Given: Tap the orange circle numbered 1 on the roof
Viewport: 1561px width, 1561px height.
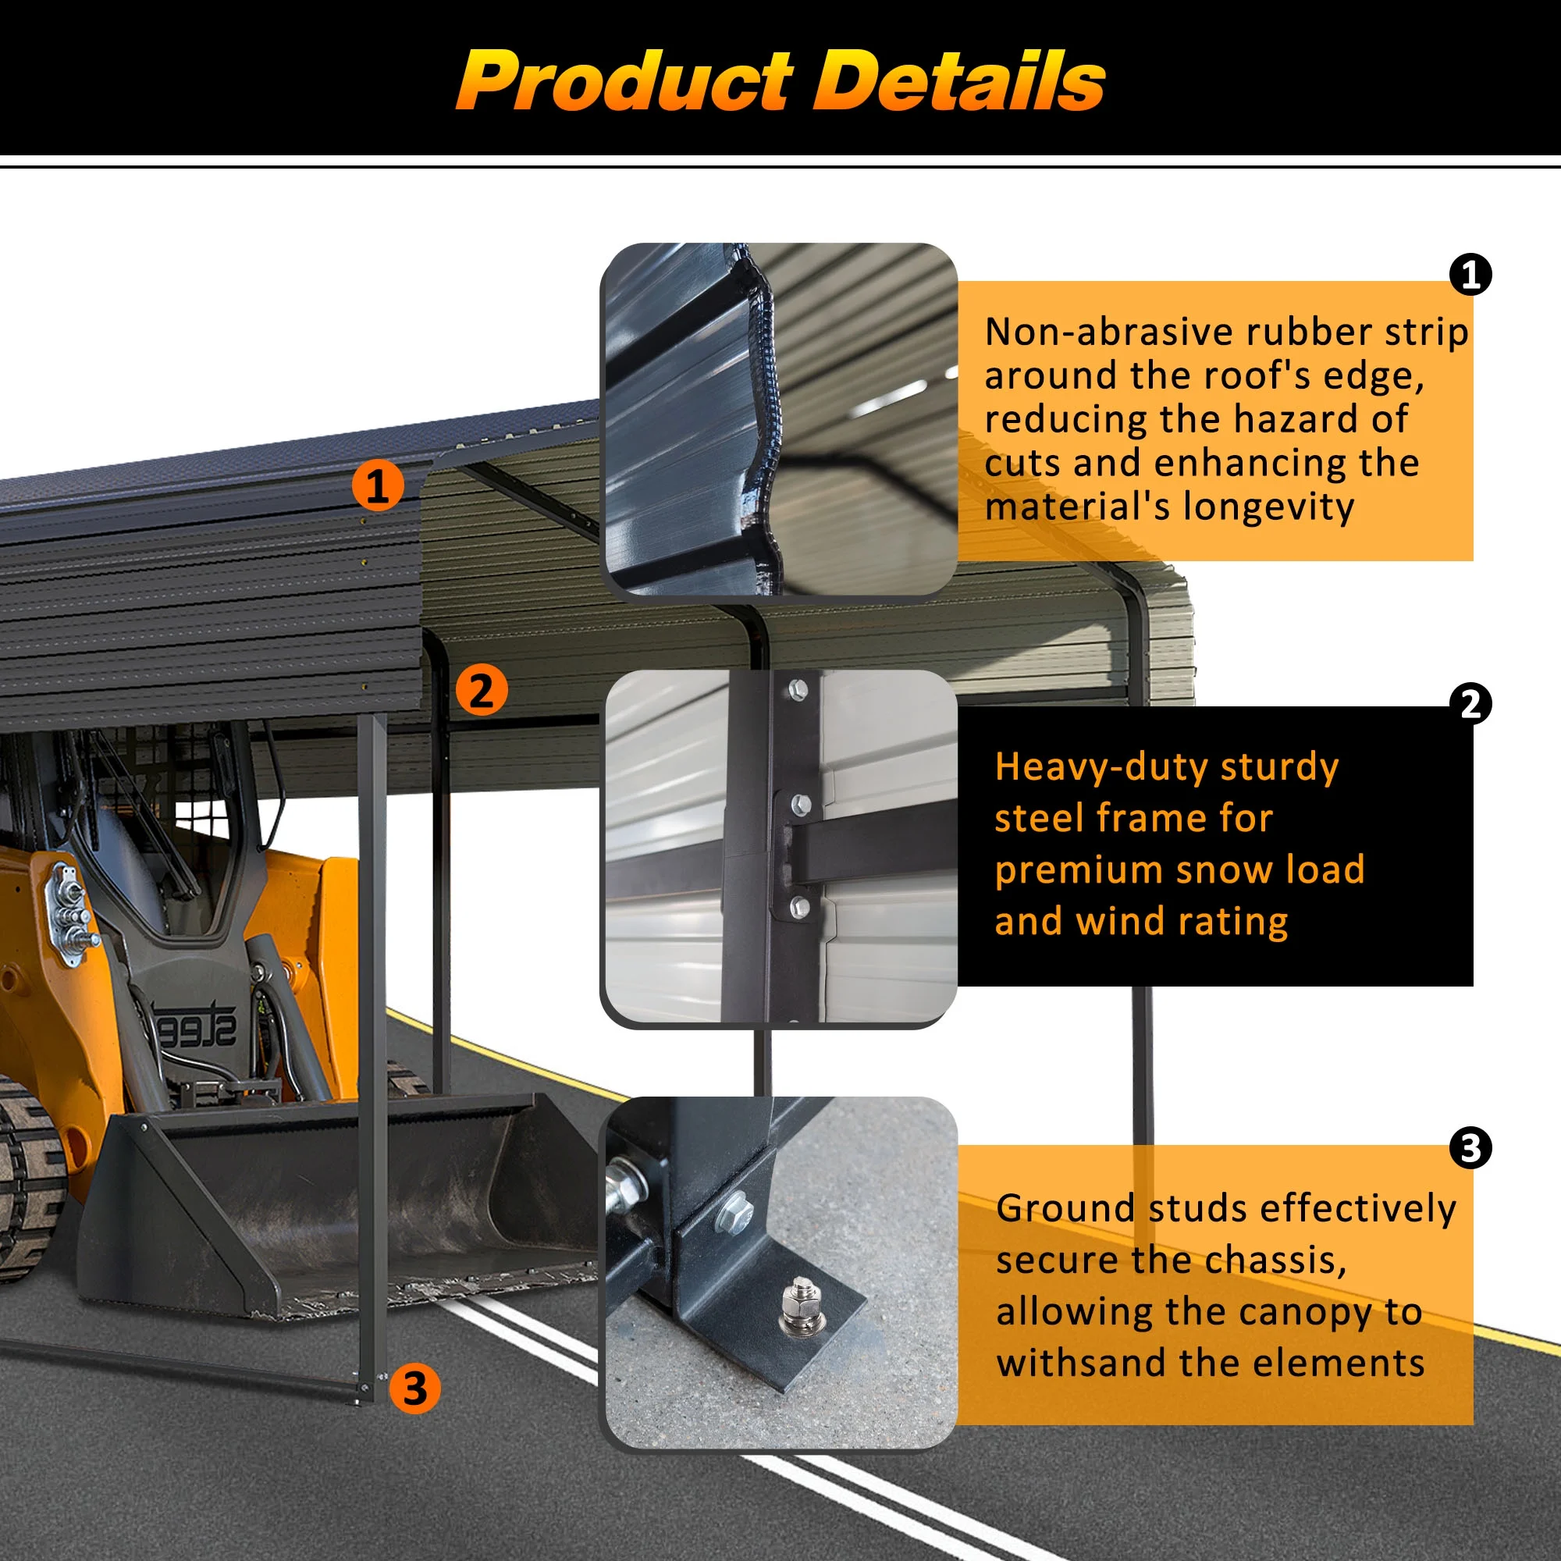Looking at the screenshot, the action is pos(377,485).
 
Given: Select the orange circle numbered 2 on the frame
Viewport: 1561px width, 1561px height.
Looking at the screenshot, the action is pos(482,691).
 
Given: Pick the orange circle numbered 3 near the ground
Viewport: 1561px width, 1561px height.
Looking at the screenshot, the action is pos(415,1388).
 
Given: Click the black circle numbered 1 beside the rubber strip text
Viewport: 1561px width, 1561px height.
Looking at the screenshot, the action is pos(1470,275).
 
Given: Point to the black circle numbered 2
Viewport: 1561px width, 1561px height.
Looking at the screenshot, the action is pos(1470,704).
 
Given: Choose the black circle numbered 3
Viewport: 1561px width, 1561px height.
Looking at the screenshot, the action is pos(1470,1147).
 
